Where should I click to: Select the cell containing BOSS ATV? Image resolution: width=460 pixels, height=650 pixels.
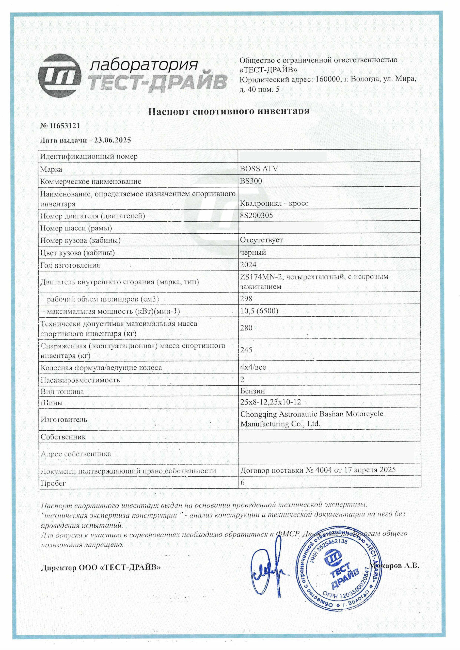[259, 169]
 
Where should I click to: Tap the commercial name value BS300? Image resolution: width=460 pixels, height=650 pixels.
[251, 181]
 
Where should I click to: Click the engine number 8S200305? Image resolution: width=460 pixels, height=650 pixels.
[256, 216]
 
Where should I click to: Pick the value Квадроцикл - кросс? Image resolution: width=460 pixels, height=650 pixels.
[274, 203]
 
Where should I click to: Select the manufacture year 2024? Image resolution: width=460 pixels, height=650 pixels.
[248, 265]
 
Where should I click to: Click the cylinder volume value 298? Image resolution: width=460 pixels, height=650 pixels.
[246, 299]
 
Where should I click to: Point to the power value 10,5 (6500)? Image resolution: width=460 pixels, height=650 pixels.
[259, 311]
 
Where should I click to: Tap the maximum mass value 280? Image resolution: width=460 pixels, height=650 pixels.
[246, 328]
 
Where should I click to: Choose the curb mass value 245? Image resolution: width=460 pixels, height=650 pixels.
[246, 350]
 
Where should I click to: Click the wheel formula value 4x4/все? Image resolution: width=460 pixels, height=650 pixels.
[253, 367]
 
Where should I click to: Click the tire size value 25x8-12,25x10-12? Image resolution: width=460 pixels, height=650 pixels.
[271, 402]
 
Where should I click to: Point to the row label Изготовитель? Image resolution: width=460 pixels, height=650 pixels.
[64, 419]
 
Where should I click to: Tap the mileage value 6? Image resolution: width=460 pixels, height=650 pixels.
[243, 482]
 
